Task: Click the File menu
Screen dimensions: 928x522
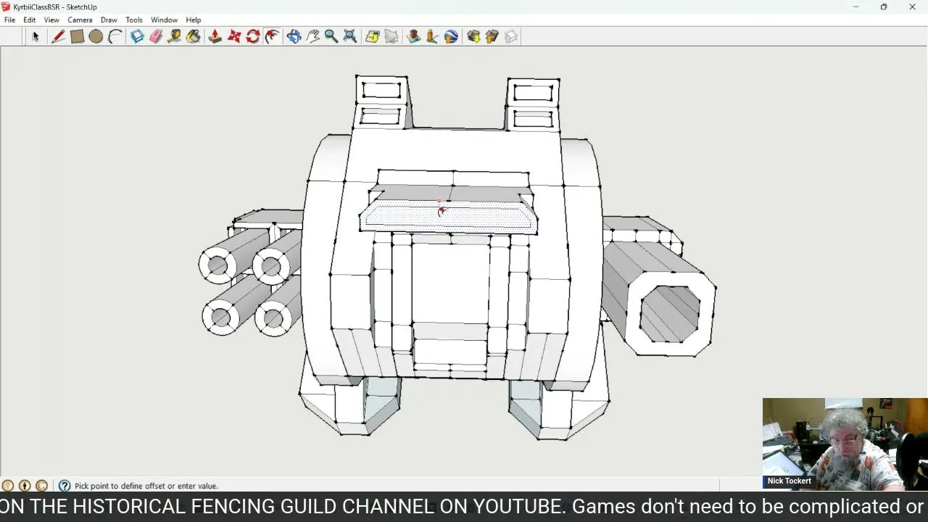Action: (9, 20)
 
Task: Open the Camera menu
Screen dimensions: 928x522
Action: (80, 20)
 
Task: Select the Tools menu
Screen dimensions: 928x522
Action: (134, 20)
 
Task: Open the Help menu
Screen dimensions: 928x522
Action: (193, 20)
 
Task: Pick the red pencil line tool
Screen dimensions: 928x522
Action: (58, 36)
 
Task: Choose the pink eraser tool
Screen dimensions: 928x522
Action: (156, 36)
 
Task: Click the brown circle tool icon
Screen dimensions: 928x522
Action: (96, 36)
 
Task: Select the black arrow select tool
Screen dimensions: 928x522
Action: (36, 36)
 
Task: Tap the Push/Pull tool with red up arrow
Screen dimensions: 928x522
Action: (215, 36)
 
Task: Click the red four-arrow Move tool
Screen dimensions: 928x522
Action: (234, 36)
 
